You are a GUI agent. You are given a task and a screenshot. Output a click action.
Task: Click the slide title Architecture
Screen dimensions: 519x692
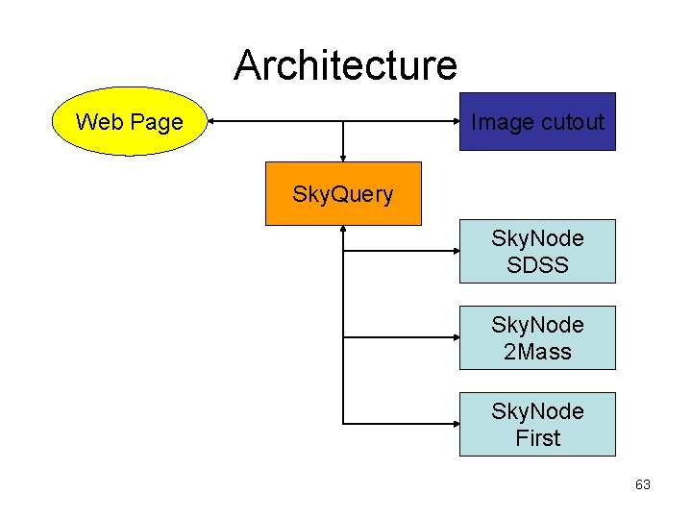[x=345, y=65]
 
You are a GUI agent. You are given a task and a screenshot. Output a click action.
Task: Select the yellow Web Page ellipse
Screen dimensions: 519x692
[x=129, y=121]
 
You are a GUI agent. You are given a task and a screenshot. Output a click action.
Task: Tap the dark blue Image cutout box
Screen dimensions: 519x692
[x=536, y=121]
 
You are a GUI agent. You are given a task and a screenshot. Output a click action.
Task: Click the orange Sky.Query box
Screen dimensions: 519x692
[x=343, y=193]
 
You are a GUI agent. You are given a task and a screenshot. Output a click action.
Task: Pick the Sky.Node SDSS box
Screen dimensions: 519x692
[x=536, y=251]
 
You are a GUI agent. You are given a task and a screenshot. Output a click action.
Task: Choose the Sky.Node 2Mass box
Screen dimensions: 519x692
[x=536, y=337]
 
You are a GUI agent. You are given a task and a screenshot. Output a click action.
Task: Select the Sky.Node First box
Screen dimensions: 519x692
[x=536, y=424]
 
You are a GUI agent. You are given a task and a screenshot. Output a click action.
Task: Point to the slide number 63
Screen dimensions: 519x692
[x=643, y=484]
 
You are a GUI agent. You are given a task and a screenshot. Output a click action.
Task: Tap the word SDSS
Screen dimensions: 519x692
[x=537, y=264]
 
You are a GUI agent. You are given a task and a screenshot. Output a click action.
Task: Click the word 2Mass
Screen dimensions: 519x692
[x=537, y=352]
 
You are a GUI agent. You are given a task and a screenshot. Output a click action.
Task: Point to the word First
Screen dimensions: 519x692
[x=537, y=438]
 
